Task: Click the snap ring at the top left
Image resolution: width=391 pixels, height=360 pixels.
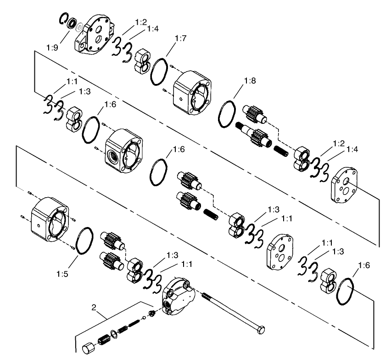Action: coord(63,20)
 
